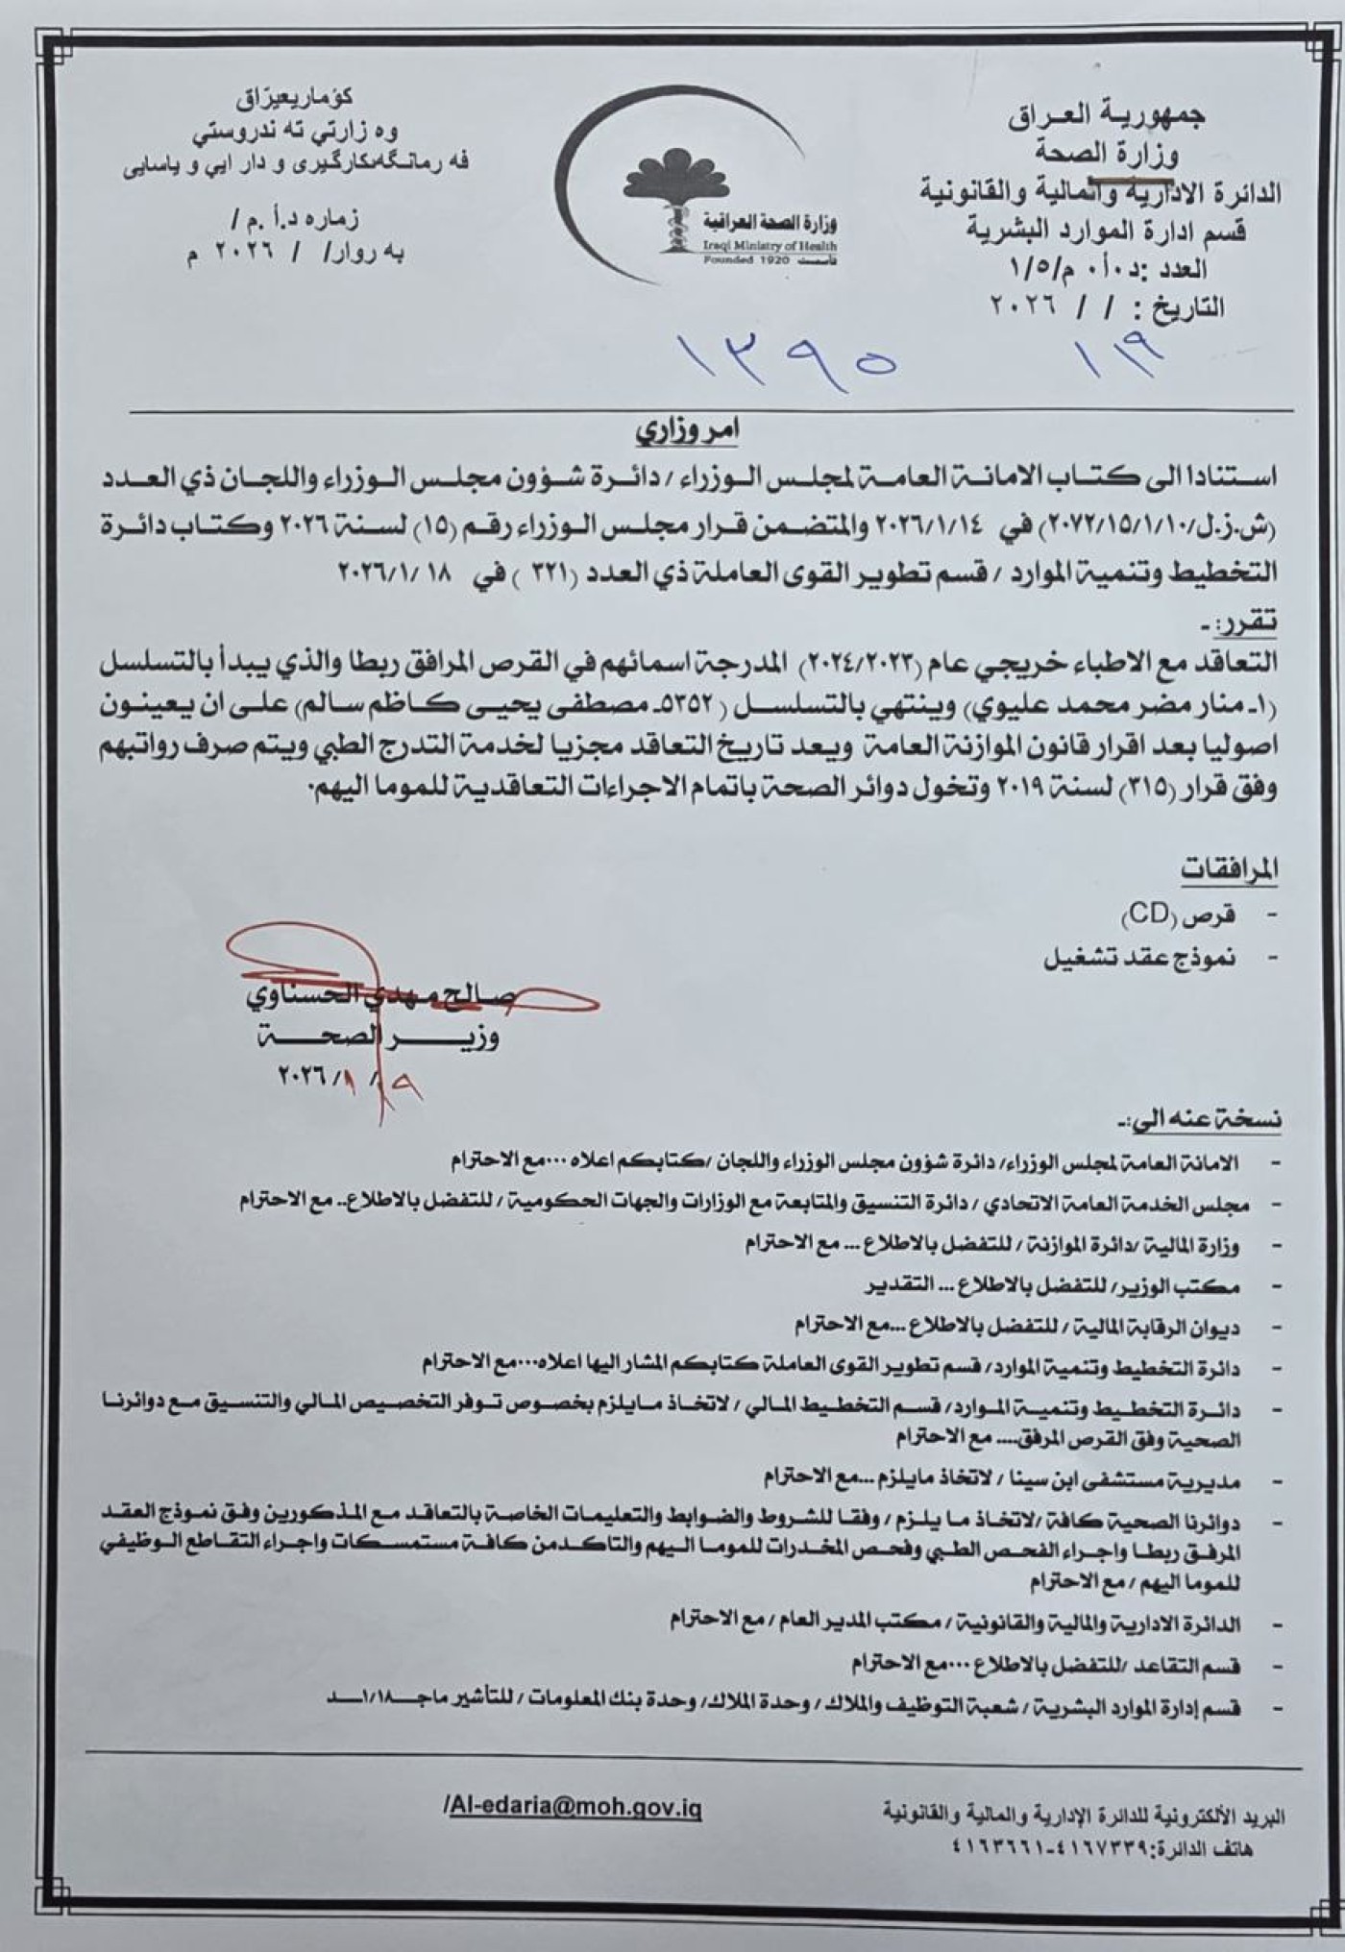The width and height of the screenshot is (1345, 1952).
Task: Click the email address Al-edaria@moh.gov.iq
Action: (574, 1808)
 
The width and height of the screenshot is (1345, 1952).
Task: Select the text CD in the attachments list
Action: (1147, 914)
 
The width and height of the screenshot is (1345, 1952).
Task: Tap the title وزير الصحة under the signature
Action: (380, 1037)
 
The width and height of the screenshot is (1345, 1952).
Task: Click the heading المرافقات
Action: (1229, 871)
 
